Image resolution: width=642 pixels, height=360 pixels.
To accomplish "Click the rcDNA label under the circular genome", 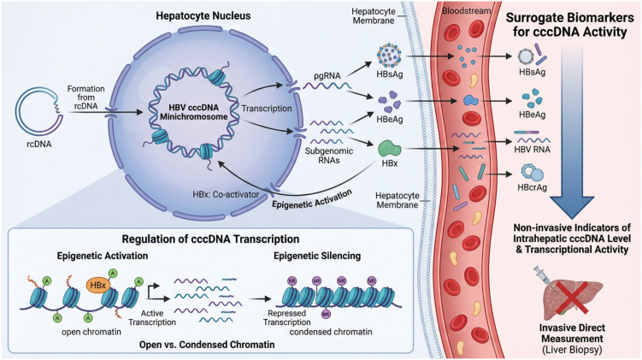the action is [x=39, y=145].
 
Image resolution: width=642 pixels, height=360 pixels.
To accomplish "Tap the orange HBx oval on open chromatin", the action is [x=98, y=285].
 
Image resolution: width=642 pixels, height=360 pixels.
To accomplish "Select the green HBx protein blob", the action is [x=389, y=149].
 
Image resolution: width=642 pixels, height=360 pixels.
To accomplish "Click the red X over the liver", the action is [x=572, y=298].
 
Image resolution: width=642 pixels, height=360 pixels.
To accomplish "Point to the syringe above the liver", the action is [x=544, y=278].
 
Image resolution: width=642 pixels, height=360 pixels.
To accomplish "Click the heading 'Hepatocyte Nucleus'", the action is [x=203, y=16].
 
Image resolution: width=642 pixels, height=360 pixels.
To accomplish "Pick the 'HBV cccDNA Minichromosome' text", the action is [x=194, y=112].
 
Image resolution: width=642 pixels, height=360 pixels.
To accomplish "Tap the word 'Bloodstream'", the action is [x=466, y=11].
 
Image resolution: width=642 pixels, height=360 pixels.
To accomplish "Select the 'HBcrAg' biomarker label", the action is [x=532, y=188].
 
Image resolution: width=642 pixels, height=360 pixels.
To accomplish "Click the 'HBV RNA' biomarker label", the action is [x=532, y=150].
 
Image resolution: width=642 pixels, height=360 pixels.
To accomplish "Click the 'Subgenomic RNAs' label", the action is [x=329, y=156].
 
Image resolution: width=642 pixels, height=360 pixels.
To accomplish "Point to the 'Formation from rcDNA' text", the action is [x=86, y=97].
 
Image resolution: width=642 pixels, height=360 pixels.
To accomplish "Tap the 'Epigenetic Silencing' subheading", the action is [x=317, y=256].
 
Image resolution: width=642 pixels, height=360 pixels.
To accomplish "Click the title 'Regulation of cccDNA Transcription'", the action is [x=210, y=239].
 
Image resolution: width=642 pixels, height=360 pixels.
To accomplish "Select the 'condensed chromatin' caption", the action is [x=331, y=332].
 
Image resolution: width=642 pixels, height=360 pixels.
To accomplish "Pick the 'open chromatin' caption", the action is [x=91, y=332].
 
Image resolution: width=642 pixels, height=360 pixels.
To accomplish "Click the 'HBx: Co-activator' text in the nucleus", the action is [x=226, y=194].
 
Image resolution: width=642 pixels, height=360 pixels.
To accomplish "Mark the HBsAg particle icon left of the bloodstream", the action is [x=388, y=55].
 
